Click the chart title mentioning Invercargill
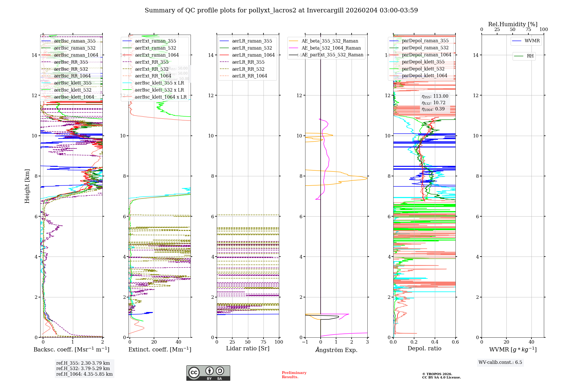tap(281, 10)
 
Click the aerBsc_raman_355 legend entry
tap(75, 41)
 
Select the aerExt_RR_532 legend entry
tap(151, 69)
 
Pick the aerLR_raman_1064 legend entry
tap(253, 55)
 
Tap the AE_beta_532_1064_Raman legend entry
tap(331, 48)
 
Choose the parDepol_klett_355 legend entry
tap(423, 62)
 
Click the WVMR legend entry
tap(532, 41)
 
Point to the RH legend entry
tap(530, 56)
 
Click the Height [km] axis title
tap(27, 186)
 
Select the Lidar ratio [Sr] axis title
tap(248, 349)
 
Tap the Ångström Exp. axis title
tap(336, 350)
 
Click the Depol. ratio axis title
tap(424, 349)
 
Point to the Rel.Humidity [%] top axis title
tap(513, 24)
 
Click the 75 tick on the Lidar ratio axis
tap(263, 342)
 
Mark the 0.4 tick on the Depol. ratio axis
tap(435, 342)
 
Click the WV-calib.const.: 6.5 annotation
tap(500, 362)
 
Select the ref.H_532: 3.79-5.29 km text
tap(83, 369)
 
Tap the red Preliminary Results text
tap(294, 375)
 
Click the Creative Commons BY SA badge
tap(208, 373)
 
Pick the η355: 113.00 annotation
tap(435, 96)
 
